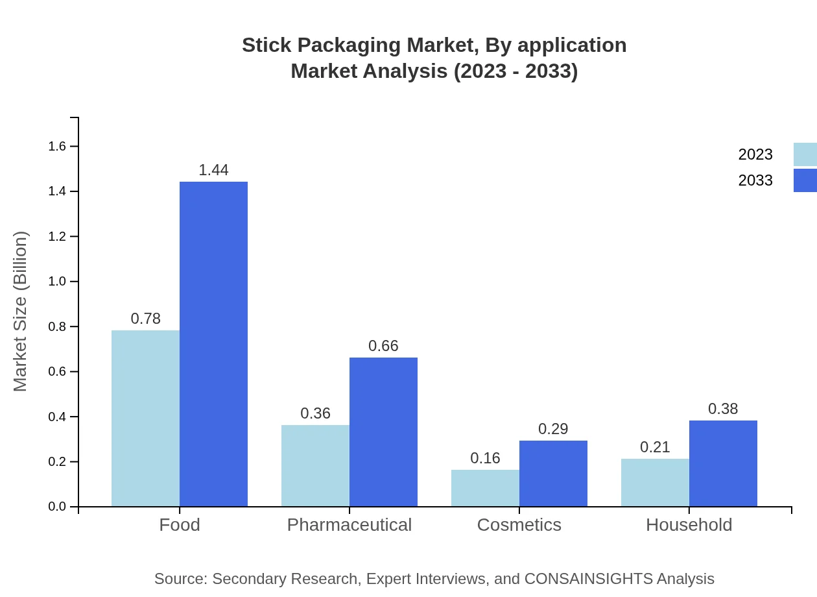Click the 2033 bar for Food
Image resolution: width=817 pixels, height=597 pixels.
213,344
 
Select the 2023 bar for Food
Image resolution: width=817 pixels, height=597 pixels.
145,419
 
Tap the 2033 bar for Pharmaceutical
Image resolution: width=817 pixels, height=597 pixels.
383,432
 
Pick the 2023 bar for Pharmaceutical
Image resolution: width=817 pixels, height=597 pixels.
315,466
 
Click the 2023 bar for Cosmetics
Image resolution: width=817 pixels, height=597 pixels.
485,488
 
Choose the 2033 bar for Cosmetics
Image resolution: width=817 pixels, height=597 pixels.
553,474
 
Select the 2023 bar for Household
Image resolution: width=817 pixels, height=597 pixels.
655,483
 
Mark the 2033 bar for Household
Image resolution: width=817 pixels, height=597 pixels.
723,463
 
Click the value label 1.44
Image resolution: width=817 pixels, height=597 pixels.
213,170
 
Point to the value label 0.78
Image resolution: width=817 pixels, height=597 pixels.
145,319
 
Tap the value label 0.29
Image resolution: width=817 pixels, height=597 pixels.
553,429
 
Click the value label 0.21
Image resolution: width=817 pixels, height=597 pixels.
655,447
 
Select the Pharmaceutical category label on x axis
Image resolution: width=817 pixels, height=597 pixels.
349,525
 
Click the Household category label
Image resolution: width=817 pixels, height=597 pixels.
689,525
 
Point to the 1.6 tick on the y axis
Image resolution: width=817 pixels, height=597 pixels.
58,147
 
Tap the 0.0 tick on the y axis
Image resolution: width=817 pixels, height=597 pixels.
58,507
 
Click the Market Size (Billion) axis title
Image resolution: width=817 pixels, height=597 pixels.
21,311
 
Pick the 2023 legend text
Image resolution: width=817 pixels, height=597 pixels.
755,154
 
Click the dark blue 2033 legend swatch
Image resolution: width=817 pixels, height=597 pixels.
805,180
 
